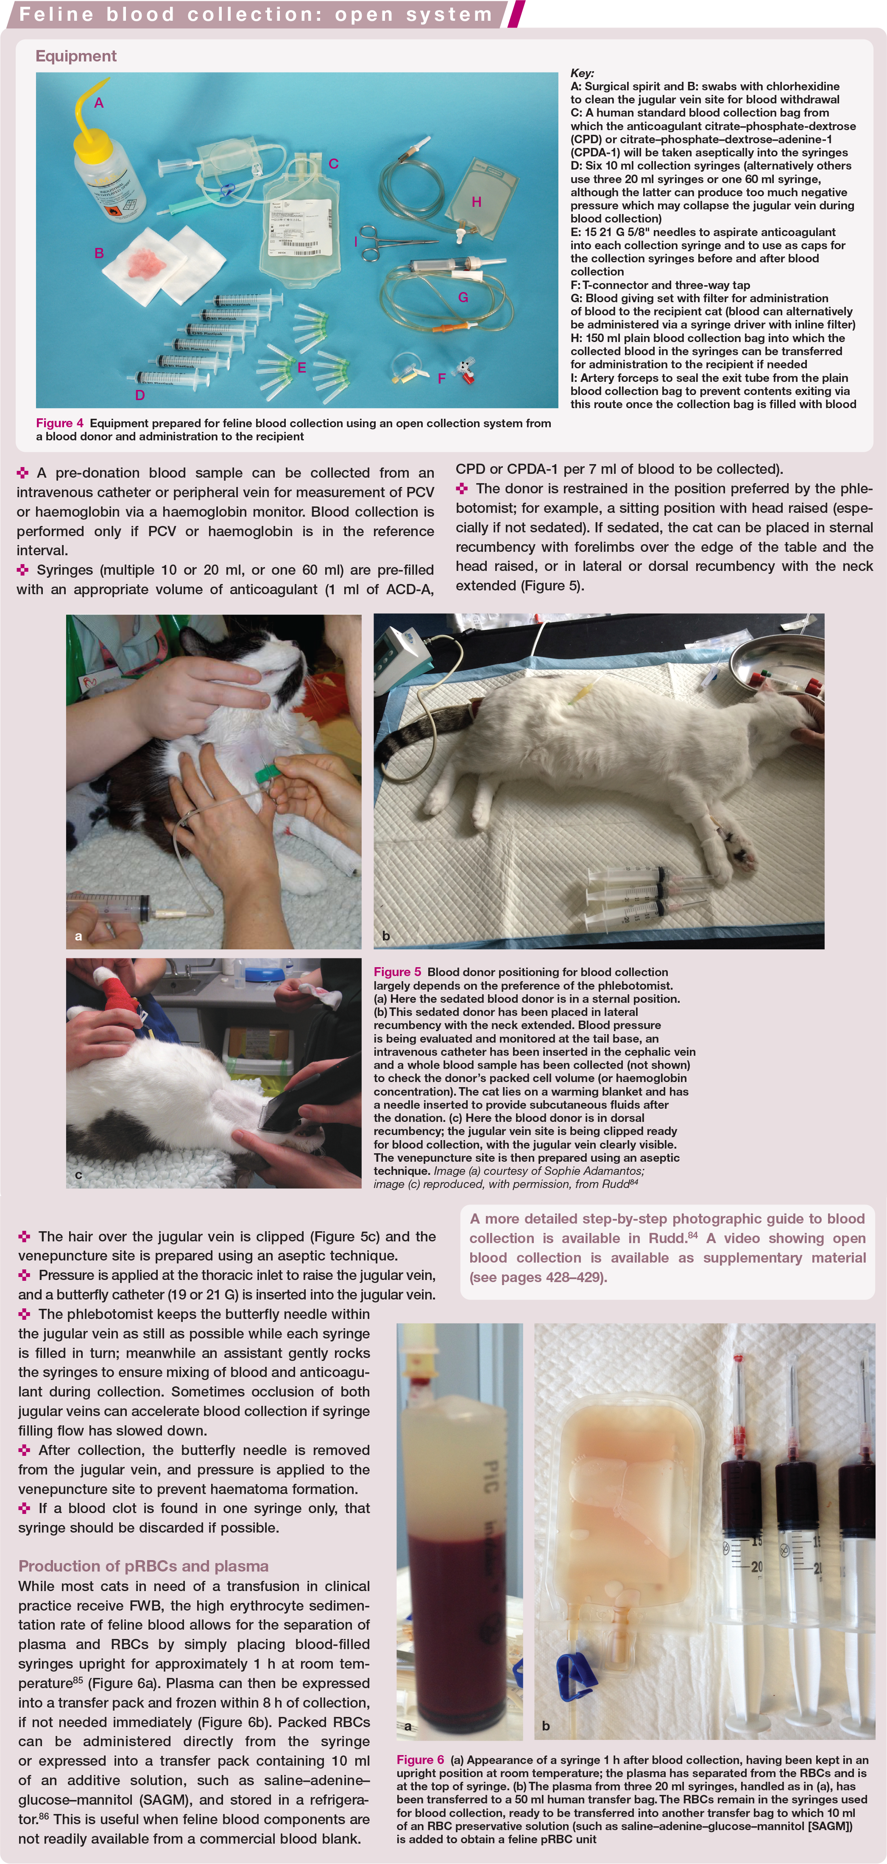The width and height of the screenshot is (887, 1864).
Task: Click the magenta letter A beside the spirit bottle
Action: [99, 103]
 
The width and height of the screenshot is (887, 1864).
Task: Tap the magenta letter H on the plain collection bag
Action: [477, 202]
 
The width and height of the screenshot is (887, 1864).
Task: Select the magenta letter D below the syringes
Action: [140, 395]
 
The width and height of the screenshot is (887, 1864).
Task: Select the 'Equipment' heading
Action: [76, 56]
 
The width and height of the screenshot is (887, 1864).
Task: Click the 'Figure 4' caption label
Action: [59, 423]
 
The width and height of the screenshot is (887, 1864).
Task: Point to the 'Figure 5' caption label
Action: [397, 972]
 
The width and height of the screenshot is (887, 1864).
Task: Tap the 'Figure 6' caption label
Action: [420, 1760]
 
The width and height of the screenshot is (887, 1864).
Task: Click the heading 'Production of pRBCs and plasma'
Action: [143, 1566]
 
